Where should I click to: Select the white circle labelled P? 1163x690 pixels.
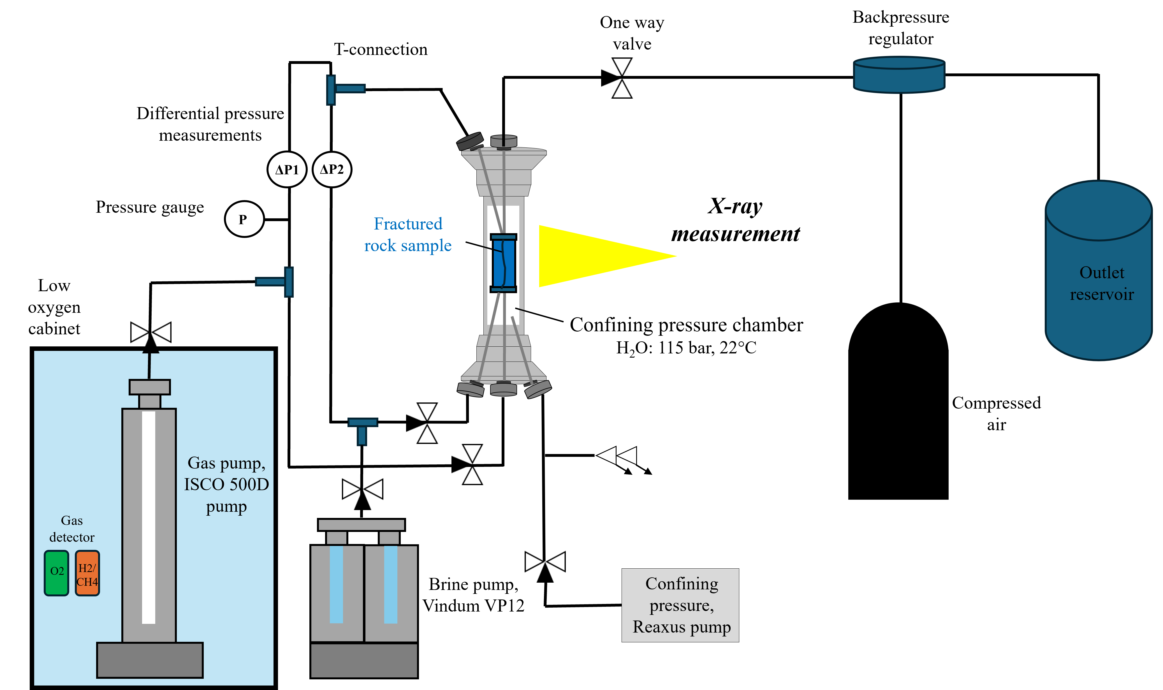coord(244,219)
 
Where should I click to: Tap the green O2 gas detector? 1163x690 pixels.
coord(57,573)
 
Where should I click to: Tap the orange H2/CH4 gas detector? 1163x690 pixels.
coord(87,573)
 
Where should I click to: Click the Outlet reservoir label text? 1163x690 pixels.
coord(1102,283)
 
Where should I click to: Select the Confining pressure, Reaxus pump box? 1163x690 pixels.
coord(680,605)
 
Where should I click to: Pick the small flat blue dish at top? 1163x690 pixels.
coord(899,75)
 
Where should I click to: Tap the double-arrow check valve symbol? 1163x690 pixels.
coord(617,456)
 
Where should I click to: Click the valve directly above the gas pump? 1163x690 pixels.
coord(150,332)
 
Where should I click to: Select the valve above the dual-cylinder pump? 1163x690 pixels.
coord(363,489)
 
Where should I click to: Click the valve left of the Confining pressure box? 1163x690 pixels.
coord(545,562)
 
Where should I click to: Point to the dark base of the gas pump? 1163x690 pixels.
coord(150,660)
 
